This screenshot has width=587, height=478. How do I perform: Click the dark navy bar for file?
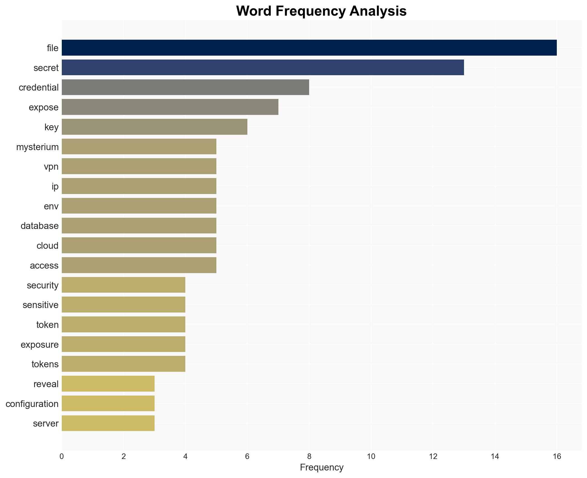point(309,48)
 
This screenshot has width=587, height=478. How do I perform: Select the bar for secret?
point(263,67)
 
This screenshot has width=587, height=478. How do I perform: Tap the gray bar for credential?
point(185,87)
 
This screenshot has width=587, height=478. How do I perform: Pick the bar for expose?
point(170,107)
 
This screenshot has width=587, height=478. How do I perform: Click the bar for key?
point(155,127)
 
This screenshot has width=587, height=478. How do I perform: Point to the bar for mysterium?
point(139,146)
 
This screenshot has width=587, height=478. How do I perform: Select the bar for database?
point(139,226)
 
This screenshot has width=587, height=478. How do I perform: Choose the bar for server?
point(108,423)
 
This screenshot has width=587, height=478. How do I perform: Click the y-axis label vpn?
point(51,167)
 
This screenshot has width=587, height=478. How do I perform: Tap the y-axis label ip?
point(55,186)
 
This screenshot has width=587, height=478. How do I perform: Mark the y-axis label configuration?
point(32,404)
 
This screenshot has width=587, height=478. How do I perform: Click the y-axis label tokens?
point(45,364)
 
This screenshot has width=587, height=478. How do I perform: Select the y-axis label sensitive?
point(41,305)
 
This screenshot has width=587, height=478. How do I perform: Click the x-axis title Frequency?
point(321,467)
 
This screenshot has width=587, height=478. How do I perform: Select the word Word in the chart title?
point(254,11)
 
